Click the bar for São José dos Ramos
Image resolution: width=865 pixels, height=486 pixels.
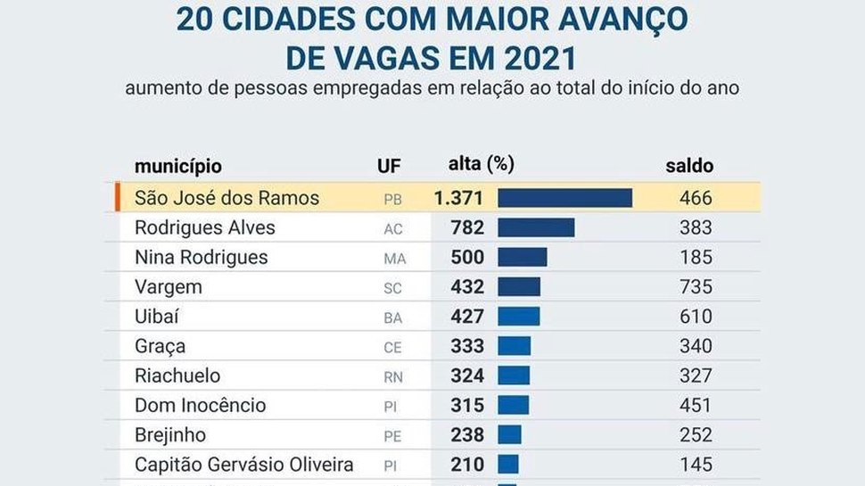pos(564,198)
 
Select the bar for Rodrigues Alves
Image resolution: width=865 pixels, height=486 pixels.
pos(535,227)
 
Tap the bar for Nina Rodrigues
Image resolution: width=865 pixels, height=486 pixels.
pos(522,257)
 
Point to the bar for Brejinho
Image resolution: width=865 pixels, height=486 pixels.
pos(509,434)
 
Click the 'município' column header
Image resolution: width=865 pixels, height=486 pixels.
pos(177,166)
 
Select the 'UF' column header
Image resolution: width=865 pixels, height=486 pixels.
pos(389,166)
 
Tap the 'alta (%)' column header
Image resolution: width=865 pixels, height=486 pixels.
pos(481,164)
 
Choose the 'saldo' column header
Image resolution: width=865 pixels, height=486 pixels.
pos(689,166)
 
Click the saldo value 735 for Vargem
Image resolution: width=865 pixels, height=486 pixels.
pos(696,287)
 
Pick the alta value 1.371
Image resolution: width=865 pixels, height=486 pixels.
pos(458,198)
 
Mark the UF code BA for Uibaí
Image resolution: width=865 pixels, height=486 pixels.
pos(393,317)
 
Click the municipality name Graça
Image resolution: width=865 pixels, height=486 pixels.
pos(160,346)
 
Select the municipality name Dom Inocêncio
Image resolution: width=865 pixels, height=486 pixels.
pos(200,405)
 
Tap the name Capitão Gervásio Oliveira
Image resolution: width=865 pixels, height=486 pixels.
pos(243,464)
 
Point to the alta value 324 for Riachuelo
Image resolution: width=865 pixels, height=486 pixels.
pos(467,375)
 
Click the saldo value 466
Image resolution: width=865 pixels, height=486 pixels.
pos(696,198)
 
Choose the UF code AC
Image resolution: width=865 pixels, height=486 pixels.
pos(393,229)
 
